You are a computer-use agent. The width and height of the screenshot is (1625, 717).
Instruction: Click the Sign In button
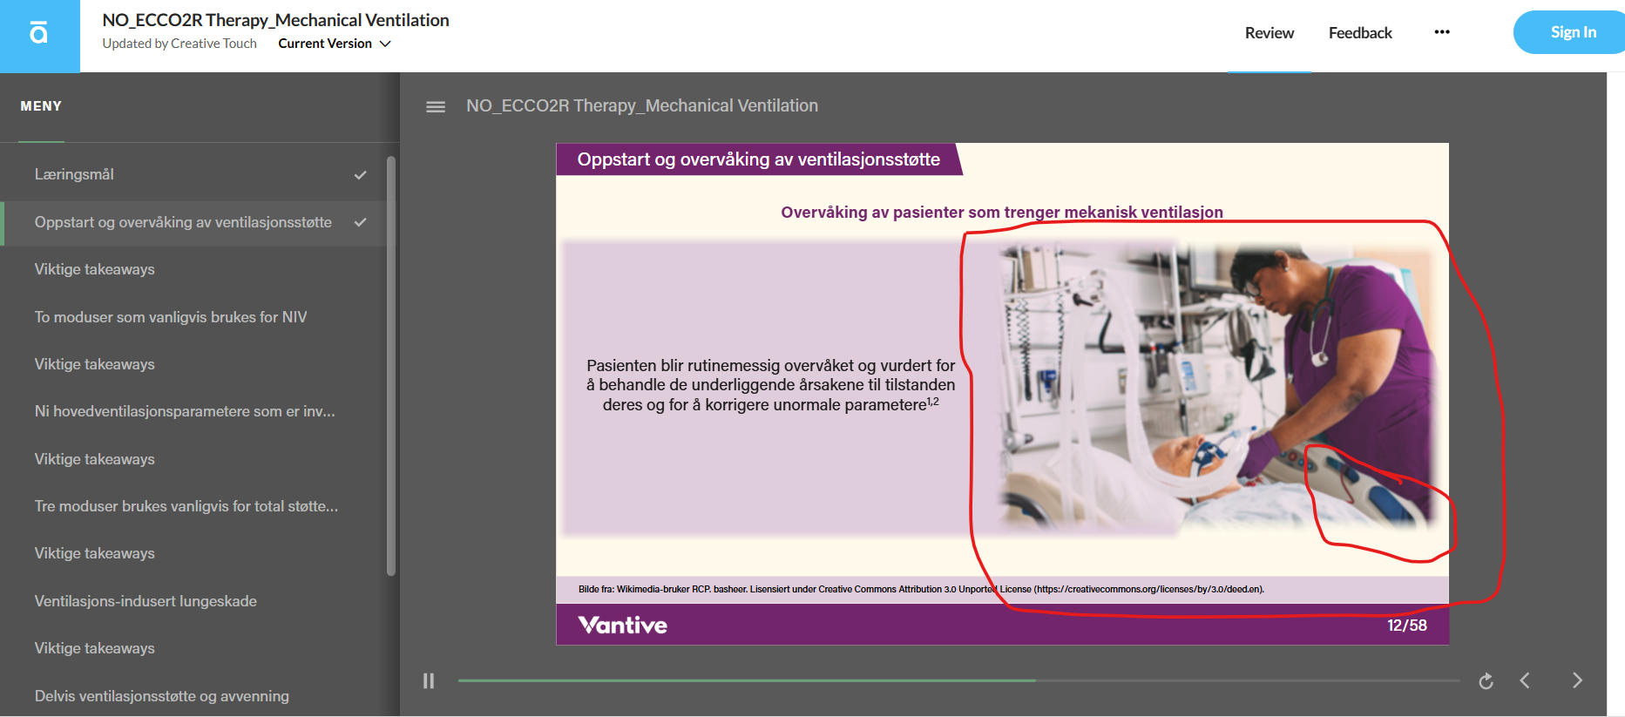1572,32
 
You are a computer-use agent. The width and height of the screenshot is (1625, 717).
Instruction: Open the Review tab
1269,33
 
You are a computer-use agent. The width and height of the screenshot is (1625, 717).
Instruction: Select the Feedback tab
1360,33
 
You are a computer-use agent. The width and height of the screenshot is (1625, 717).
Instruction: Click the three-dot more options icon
1442,32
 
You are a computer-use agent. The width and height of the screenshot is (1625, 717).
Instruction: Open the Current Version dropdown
335,44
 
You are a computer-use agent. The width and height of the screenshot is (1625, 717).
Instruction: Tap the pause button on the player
429,680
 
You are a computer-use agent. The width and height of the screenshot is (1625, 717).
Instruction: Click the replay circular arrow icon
1486,680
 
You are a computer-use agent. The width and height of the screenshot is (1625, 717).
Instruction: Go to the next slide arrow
1577,680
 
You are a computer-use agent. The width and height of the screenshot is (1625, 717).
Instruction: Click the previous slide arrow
1525,680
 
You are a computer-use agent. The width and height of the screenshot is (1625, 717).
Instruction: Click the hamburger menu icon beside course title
436,106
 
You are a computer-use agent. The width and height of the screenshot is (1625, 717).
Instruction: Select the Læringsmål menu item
74,174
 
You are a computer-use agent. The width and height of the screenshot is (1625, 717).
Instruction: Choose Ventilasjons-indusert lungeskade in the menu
146,601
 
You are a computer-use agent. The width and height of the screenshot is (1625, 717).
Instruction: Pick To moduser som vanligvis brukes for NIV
171,317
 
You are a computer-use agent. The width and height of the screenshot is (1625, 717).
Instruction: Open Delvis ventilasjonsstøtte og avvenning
162,696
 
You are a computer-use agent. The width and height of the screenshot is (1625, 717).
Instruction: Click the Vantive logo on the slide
622,625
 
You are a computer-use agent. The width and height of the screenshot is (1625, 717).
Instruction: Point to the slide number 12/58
1407,626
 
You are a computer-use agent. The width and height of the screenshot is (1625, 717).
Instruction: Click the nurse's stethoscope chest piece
1320,357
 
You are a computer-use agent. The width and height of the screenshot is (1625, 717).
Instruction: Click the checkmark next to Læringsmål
360,175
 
